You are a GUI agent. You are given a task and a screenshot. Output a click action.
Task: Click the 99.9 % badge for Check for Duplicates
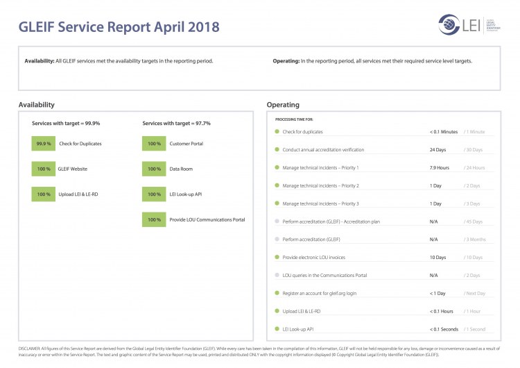point(44,144)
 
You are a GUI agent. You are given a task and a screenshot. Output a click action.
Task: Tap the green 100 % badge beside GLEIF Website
point(44,169)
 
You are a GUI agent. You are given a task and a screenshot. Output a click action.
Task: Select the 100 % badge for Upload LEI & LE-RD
point(44,194)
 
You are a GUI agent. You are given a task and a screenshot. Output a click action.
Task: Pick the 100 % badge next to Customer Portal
point(154,144)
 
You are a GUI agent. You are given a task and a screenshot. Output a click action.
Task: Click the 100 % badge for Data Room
point(154,169)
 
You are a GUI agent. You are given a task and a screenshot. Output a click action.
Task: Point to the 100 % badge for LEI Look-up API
point(154,194)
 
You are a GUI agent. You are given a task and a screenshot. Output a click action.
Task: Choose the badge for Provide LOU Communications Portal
point(154,220)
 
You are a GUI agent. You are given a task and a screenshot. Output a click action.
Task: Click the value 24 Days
point(437,149)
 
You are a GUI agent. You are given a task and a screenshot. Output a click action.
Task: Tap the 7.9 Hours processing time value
point(440,167)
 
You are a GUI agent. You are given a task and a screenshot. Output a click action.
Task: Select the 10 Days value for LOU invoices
point(437,257)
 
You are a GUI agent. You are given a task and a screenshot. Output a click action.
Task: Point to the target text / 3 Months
point(476,239)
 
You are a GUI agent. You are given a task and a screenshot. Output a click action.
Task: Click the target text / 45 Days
point(474,221)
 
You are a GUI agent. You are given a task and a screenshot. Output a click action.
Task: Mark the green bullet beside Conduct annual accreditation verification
point(277,149)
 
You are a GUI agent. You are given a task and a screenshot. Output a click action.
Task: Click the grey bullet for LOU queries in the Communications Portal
point(277,275)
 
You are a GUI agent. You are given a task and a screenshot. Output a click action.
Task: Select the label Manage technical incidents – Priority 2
point(320,185)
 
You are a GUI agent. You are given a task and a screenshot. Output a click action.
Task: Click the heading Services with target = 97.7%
point(176,123)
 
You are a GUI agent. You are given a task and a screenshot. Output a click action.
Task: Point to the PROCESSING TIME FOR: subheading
point(294,119)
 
